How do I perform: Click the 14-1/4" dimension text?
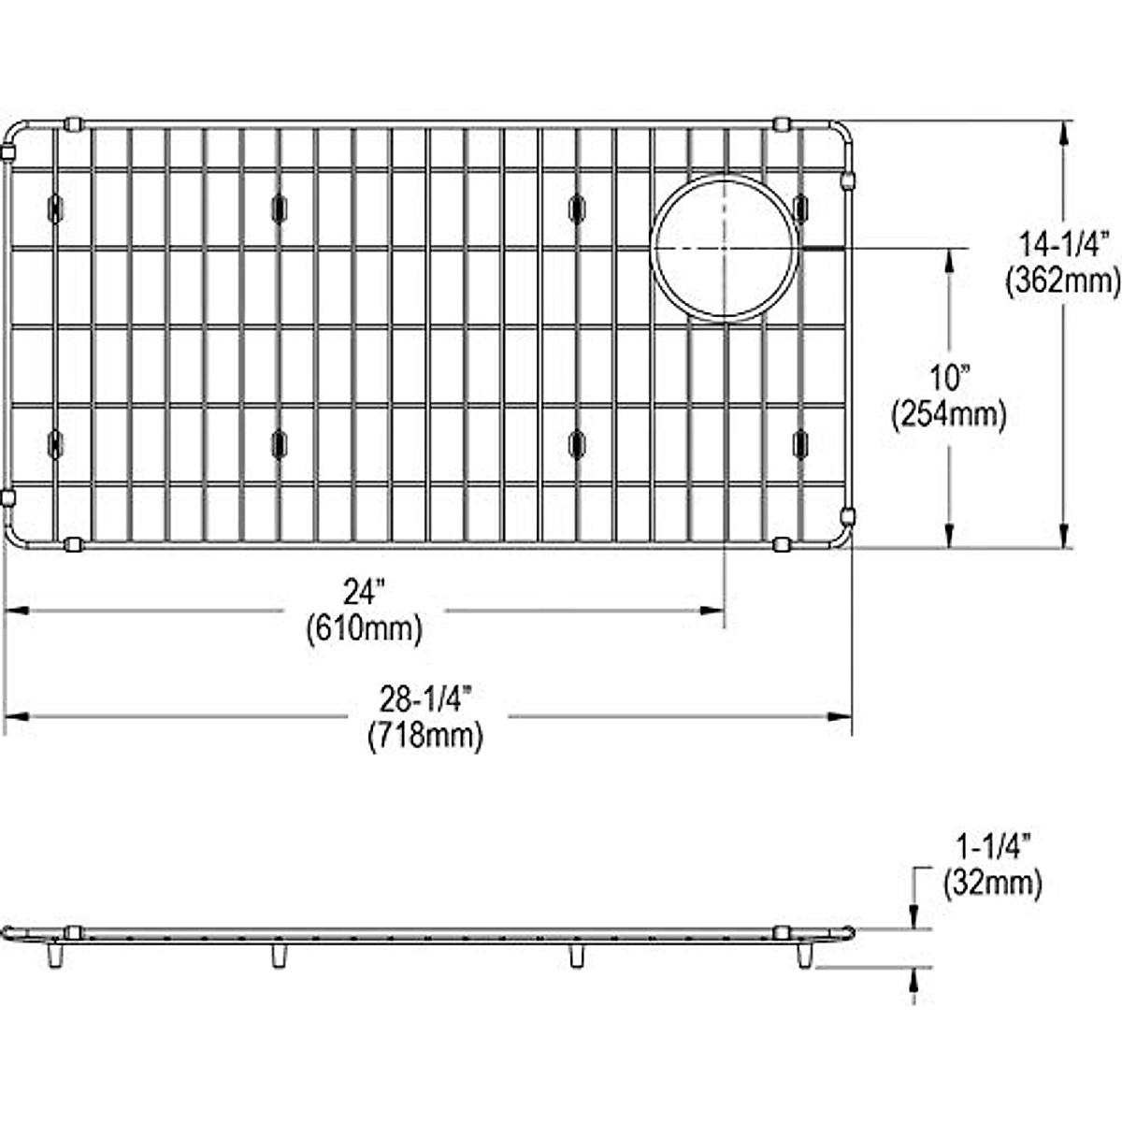1061,245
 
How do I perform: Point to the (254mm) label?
949,414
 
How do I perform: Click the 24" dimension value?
365,593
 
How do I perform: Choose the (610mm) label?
365,629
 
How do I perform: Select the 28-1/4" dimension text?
425,699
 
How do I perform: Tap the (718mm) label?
425,736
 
